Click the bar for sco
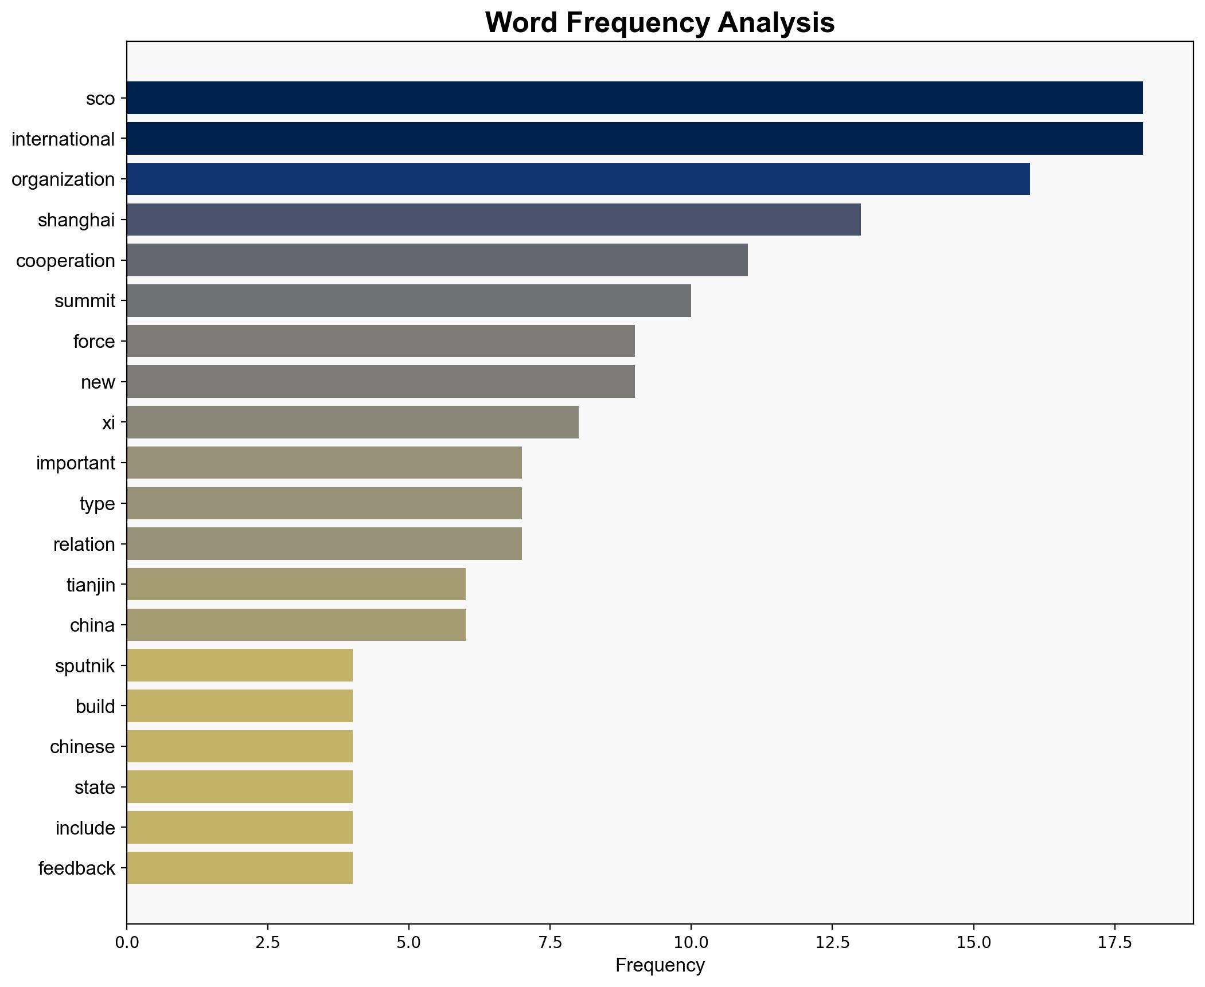[x=634, y=98]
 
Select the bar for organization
[x=578, y=179]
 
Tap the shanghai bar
[x=493, y=220]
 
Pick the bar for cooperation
[x=437, y=260]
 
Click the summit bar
[x=408, y=300]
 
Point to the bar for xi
[x=352, y=422]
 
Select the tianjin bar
[x=296, y=585]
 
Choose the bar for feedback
[x=240, y=868]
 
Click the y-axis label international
[x=63, y=139]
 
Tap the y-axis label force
[x=94, y=342]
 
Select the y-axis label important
[x=76, y=463]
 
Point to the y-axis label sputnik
[x=85, y=666]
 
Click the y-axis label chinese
[x=83, y=747]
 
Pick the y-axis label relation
[x=84, y=545]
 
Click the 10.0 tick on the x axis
[x=691, y=943]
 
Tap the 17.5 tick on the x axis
[x=1114, y=943]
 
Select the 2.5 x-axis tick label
[x=268, y=943]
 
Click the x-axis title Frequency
[x=660, y=966]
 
